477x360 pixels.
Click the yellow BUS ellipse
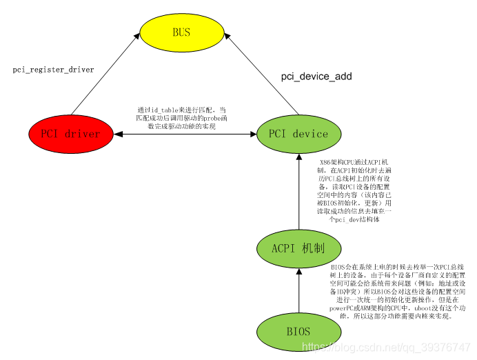point(181,32)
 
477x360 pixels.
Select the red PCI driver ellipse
point(70,133)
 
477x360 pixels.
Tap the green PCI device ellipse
point(298,133)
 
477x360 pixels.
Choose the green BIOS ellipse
point(298,331)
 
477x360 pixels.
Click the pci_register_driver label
point(53,70)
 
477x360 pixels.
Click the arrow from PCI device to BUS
point(262,76)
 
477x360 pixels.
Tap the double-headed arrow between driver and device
point(184,133)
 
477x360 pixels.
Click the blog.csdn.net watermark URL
point(386,347)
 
